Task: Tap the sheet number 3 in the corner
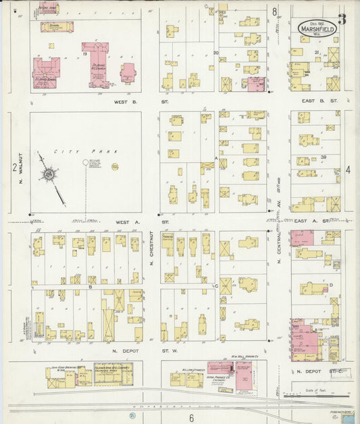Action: [342, 19]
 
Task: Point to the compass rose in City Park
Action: [49, 174]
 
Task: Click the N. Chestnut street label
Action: [152, 249]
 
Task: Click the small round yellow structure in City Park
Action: [115, 166]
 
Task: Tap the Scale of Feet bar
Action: [317, 396]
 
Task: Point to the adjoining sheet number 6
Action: [191, 418]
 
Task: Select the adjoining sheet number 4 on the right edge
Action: [348, 169]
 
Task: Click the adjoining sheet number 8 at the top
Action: [275, 11]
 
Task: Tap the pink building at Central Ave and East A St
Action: [303, 238]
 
